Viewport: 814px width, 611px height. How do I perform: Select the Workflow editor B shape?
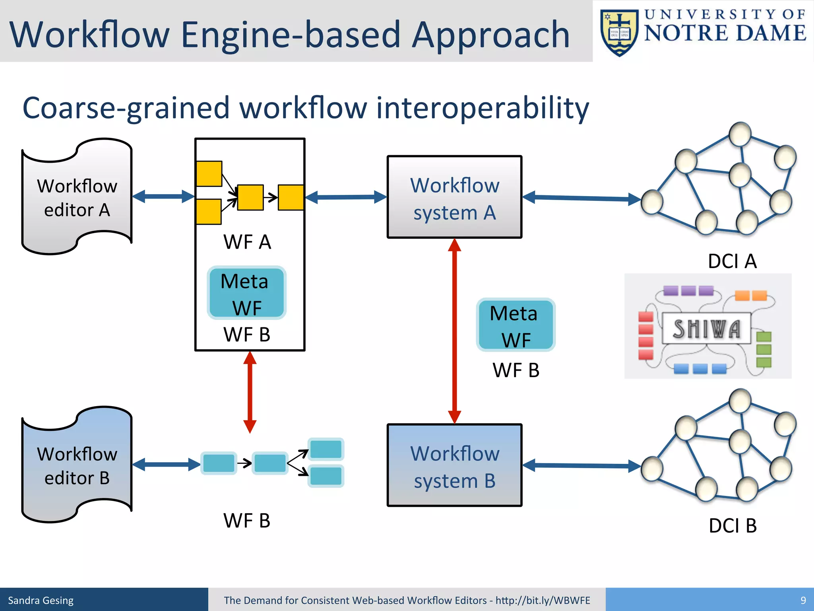[77, 465]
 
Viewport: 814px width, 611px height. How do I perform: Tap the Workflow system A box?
[454, 198]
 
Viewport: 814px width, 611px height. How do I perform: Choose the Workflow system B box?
[454, 465]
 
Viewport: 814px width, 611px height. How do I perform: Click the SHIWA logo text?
[706, 329]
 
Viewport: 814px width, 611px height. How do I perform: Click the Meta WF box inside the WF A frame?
[246, 293]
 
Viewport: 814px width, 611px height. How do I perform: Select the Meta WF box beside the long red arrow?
[516, 325]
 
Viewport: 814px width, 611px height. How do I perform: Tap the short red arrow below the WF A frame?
[250, 392]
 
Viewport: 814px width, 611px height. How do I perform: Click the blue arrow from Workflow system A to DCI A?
[581, 198]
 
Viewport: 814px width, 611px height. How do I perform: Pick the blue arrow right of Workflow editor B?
[166, 464]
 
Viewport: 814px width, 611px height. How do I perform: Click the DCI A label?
[732, 261]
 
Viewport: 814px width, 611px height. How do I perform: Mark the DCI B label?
[732, 525]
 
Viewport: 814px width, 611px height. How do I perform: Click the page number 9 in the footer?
[803, 600]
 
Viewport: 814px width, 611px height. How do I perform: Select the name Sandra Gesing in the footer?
[41, 600]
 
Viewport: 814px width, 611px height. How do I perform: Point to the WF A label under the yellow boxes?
[247, 242]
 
